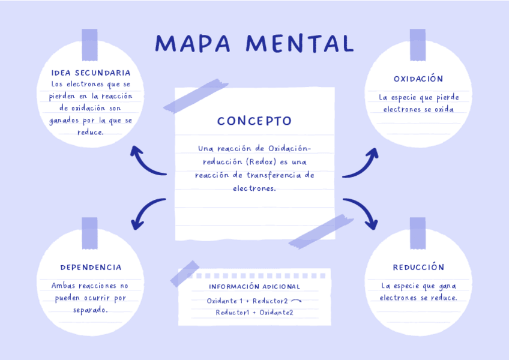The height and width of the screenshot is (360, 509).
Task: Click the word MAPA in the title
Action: [x=192, y=43]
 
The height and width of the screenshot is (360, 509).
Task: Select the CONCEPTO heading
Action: [x=254, y=121]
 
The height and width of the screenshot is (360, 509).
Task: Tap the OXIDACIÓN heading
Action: [x=418, y=79]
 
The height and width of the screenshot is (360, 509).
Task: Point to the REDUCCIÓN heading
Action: [x=418, y=267]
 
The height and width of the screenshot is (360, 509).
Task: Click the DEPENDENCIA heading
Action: [x=91, y=267]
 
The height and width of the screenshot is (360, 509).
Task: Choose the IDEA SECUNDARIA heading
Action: [x=91, y=73]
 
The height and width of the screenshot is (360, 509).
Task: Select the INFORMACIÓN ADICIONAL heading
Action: [x=254, y=286]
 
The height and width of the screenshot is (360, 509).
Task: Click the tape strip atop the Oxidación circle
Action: [x=418, y=44]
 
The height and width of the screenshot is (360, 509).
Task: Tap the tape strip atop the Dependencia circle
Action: [x=89, y=233]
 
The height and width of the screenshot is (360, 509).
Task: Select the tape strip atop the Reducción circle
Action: [x=418, y=233]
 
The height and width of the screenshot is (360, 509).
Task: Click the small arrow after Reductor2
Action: [x=296, y=301]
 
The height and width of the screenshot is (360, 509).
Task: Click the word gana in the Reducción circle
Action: [x=447, y=286]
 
